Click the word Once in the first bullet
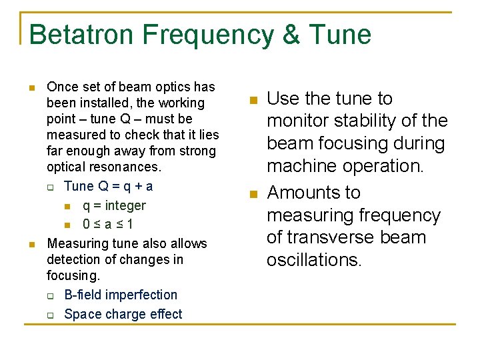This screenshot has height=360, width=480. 62,87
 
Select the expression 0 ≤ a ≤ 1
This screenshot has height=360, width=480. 107,224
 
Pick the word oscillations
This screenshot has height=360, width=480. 314,259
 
